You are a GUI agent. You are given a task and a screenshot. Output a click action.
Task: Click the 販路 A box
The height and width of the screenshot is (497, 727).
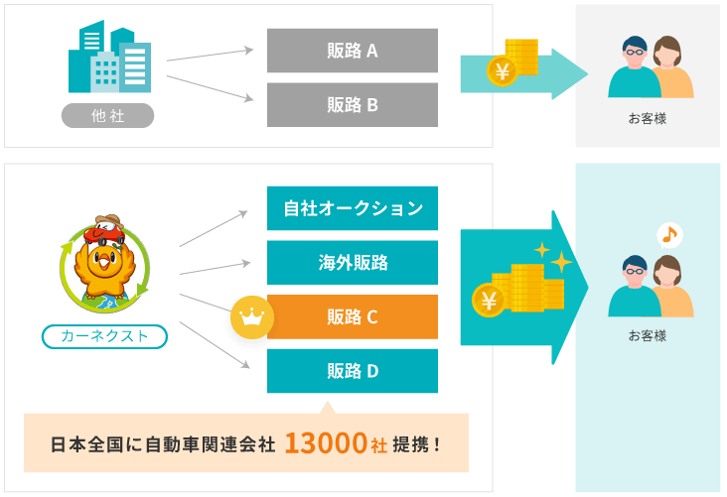[353, 50]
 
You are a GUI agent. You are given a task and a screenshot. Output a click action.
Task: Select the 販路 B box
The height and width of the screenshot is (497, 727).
[353, 104]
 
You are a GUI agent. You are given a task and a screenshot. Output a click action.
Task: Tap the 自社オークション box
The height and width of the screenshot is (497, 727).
[353, 208]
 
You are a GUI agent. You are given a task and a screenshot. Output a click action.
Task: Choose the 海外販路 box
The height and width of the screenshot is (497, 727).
[353, 263]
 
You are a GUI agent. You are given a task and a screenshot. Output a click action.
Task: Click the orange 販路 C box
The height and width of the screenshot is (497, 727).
[353, 317]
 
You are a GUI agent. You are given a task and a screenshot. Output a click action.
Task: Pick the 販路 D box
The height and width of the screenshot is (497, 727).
[353, 371]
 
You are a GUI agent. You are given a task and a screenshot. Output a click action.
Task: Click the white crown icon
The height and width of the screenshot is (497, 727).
[251, 318]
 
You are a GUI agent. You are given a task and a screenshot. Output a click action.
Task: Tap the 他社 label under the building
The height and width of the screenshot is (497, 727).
[107, 116]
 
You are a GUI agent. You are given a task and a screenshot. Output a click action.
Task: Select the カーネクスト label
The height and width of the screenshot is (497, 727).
[104, 336]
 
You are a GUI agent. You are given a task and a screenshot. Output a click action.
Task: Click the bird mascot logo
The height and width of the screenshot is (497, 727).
[104, 264]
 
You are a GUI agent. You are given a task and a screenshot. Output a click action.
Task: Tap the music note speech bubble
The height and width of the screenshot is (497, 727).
[669, 236]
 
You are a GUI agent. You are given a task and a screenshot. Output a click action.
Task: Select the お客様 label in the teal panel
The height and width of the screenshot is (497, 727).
[647, 335]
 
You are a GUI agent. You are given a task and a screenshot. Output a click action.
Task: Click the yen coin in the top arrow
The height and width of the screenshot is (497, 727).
[501, 71]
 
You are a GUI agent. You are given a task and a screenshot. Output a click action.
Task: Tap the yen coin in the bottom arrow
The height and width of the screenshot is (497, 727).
[489, 299]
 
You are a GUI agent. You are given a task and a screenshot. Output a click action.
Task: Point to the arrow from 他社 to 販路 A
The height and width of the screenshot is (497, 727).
[210, 55]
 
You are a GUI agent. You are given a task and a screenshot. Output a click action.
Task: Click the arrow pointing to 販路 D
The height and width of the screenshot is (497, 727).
[213, 344]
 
